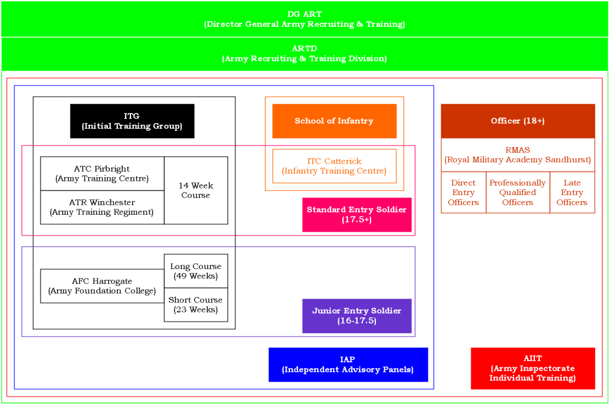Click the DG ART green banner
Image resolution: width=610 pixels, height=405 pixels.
[x=304, y=19]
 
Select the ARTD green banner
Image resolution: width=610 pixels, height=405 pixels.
[x=304, y=54]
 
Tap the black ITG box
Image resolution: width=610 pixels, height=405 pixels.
[x=132, y=121]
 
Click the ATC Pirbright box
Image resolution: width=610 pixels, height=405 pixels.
[x=102, y=174]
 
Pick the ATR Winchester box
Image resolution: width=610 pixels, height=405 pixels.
[x=102, y=208]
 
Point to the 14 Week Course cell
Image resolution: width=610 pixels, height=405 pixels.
[x=196, y=190]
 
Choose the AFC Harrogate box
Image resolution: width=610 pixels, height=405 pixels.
[x=102, y=286]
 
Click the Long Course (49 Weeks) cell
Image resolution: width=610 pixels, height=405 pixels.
[x=196, y=271]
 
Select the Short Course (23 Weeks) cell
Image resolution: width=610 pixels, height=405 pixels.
[x=196, y=305]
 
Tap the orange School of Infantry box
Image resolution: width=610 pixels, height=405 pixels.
[x=334, y=121]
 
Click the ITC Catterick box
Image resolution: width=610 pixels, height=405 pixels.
[x=334, y=166]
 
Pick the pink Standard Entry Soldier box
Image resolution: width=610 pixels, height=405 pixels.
[x=357, y=215]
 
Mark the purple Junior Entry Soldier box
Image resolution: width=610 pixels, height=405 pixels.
[x=357, y=316]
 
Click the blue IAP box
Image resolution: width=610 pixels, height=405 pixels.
[x=348, y=364]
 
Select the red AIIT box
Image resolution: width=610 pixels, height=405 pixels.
[x=533, y=368]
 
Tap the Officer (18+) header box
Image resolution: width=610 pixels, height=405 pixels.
[x=518, y=121]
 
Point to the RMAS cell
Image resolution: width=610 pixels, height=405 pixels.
[x=518, y=155]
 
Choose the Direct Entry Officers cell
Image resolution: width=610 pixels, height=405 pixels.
[x=463, y=193]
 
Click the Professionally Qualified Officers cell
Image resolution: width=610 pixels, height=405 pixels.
[x=518, y=193]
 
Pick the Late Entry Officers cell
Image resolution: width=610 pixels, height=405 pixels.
[x=572, y=193]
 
